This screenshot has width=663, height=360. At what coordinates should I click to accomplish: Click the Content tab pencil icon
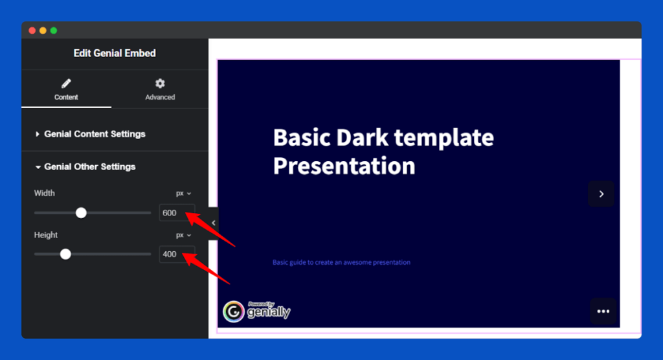[x=66, y=84]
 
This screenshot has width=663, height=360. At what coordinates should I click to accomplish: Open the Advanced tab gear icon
[x=160, y=84]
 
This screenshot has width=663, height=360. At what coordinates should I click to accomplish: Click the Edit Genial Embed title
[x=115, y=53]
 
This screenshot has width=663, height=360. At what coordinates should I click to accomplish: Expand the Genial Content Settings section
[x=95, y=134]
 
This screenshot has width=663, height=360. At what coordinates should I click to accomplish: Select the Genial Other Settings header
[x=89, y=166]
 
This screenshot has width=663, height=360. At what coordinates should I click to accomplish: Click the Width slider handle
[x=81, y=212]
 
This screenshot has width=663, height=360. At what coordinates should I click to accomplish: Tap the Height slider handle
[x=65, y=254]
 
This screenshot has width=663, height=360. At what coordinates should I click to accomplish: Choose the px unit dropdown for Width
[x=183, y=194]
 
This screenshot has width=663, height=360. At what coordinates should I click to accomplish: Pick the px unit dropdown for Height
[x=183, y=235]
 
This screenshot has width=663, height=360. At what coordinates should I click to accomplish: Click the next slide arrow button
[x=601, y=194]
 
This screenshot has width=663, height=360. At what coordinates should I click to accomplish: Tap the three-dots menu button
[x=603, y=311]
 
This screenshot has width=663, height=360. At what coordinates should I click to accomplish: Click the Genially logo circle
[x=233, y=312]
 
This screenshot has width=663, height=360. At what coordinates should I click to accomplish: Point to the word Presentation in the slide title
[x=344, y=166]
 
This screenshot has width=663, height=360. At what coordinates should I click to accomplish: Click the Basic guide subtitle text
[x=341, y=262]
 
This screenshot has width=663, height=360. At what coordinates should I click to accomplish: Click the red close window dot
[x=32, y=30]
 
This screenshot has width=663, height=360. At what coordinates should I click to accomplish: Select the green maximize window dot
[x=54, y=30]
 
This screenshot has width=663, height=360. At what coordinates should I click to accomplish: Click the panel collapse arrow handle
[x=213, y=223]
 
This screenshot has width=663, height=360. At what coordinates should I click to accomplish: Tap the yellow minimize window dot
[x=43, y=30]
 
